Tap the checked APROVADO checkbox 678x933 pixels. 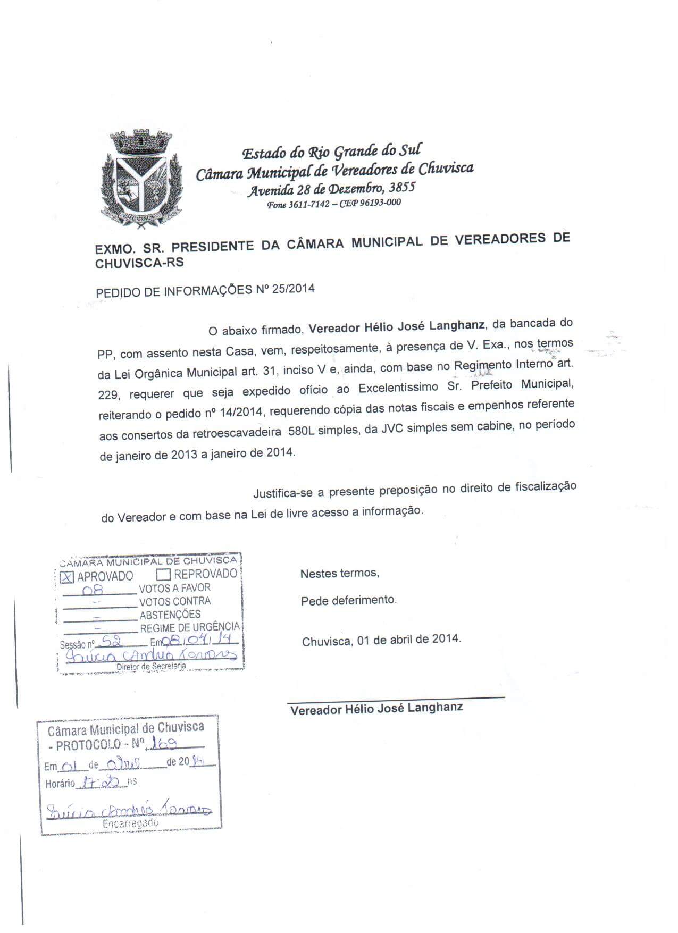click(67, 577)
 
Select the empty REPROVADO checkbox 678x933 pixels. click(163, 575)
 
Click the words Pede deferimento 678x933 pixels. click(348, 601)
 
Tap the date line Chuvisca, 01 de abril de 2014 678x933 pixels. click(381, 640)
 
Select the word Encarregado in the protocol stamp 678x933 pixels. click(131, 823)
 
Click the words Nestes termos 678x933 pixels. click(339, 574)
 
